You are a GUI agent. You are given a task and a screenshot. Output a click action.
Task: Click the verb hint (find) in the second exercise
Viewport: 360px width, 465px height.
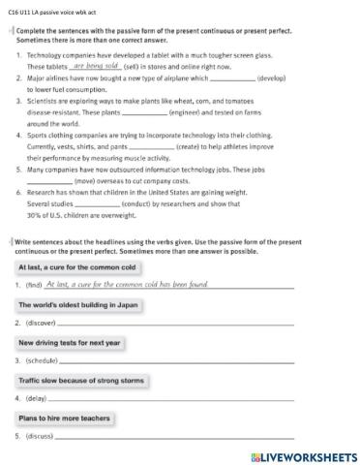point(34,286)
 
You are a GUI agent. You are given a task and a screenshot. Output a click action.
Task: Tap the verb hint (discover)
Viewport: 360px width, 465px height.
point(42,323)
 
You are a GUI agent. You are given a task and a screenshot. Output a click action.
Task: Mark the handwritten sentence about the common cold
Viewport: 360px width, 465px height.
point(127,285)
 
